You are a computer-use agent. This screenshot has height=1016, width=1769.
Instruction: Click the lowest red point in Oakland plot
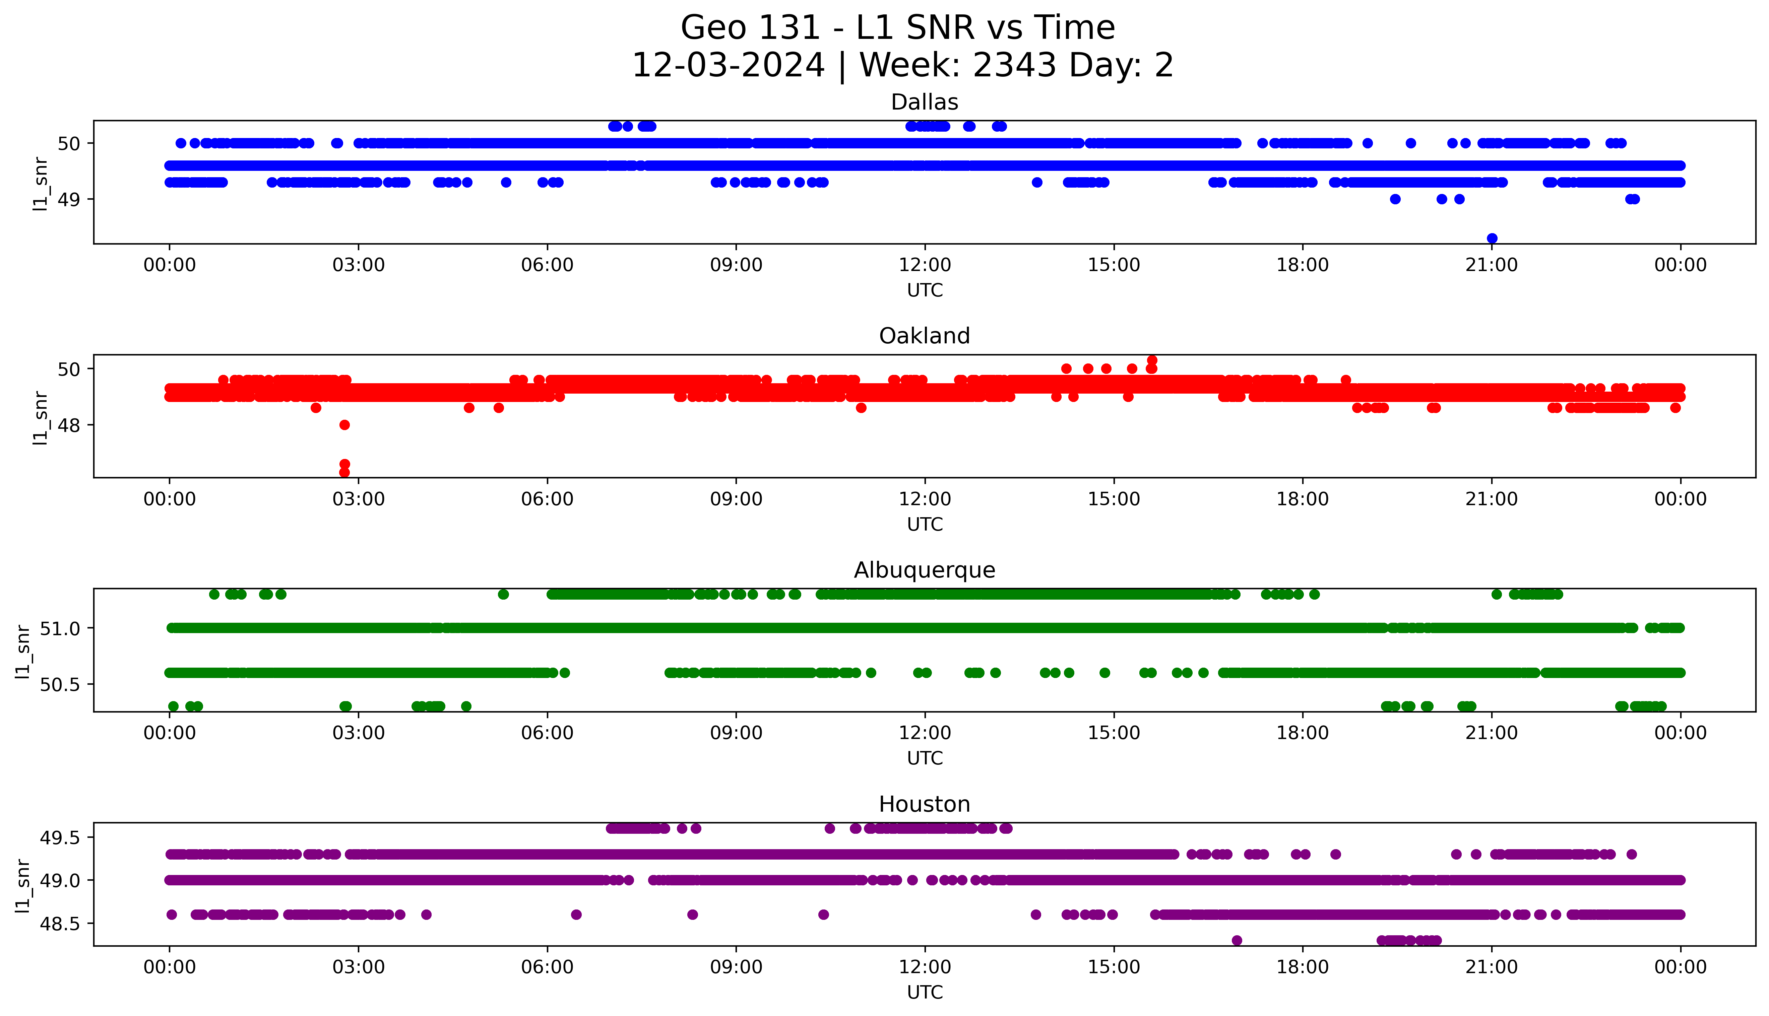(344, 472)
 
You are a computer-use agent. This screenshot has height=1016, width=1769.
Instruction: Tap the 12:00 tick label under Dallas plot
(925, 265)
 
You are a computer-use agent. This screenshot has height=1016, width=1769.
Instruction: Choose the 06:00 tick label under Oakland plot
(547, 499)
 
